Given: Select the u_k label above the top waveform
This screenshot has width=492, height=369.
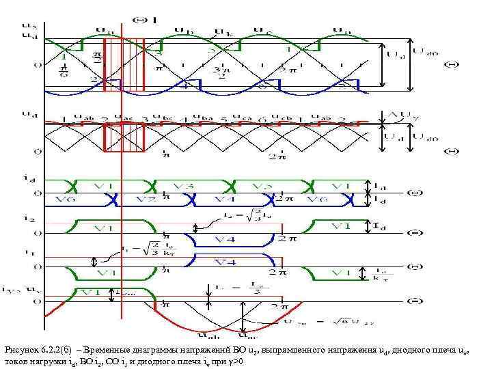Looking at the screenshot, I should pyautogui.click(x=223, y=31).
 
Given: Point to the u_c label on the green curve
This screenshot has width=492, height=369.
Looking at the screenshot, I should pyautogui.click(x=261, y=30).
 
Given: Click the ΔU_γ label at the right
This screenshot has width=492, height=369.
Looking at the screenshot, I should pyautogui.click(x=402, y=115).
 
